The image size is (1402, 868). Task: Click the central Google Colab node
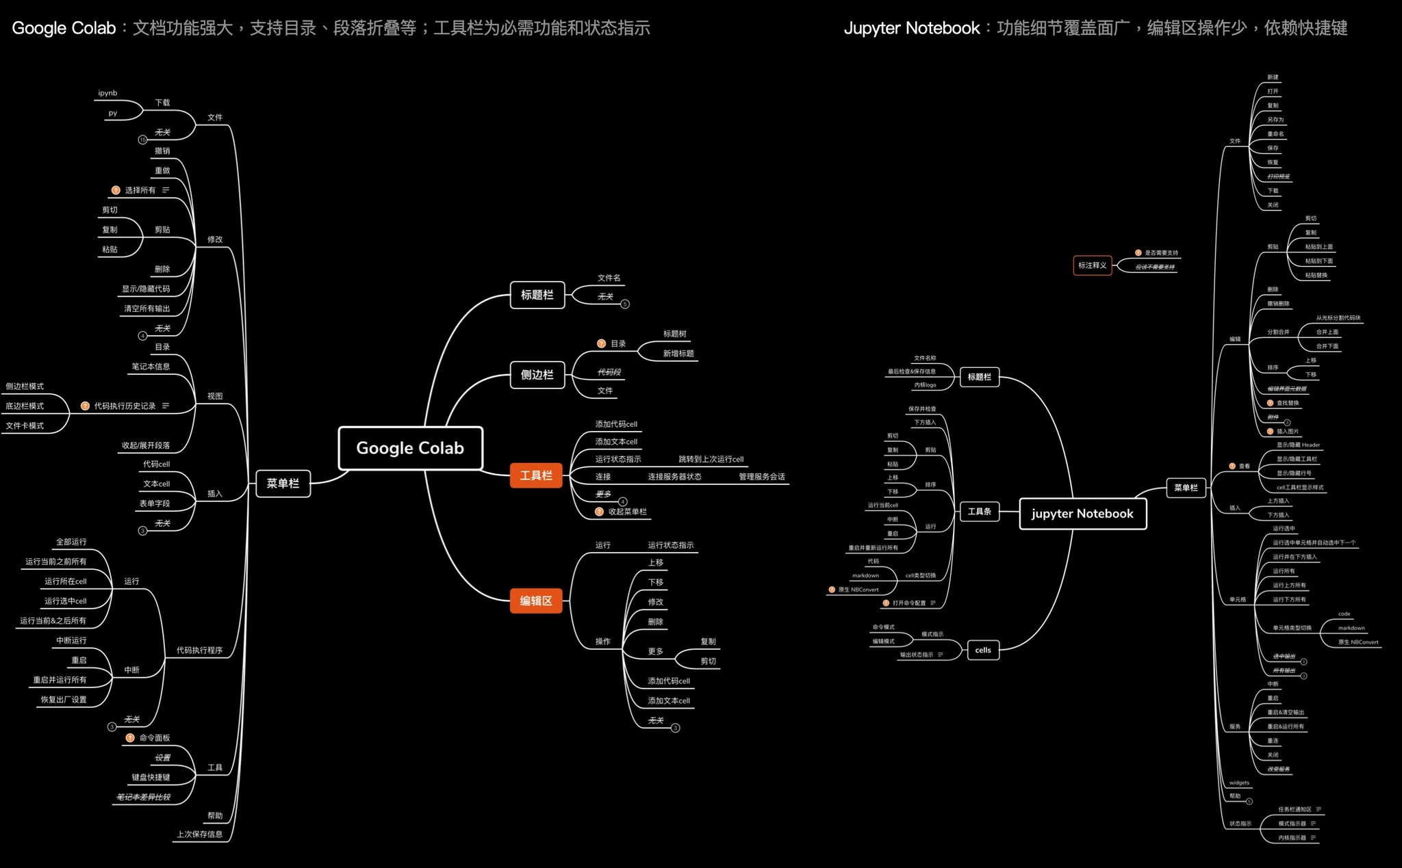(x=410, y=448)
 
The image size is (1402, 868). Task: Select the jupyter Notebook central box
(x=1082, y=514)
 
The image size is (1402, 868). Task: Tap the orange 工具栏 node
(x=536, y=475)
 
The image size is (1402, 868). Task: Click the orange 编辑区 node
(x=536, y=601)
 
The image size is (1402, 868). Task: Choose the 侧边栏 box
(x=537, y=375)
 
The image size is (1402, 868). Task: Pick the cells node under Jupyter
(x=982, y=650)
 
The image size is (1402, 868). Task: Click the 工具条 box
(x=979, y=512)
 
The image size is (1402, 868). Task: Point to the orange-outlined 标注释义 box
(x=1092, y=265)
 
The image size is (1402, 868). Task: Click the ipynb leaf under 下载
(x=107, y=93)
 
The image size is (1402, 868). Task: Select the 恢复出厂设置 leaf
(x=64, y=700)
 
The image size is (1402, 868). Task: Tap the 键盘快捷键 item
(x=151, y=778)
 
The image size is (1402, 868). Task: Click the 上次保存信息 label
(x=199, y=834)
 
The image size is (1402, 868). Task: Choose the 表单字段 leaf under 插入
(x=155, y=503)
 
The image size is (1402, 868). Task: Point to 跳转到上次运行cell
(x=711, y=459)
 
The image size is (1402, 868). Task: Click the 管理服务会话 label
(x=761, y=477)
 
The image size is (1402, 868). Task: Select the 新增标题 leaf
(x=678, y=354)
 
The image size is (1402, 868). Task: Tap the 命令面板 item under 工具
(x=154, y=738)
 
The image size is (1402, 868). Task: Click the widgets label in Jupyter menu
(x=1239, y=782)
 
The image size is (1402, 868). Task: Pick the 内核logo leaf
(x=925, y=385)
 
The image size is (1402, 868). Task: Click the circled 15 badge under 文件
(x=142, y=140)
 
